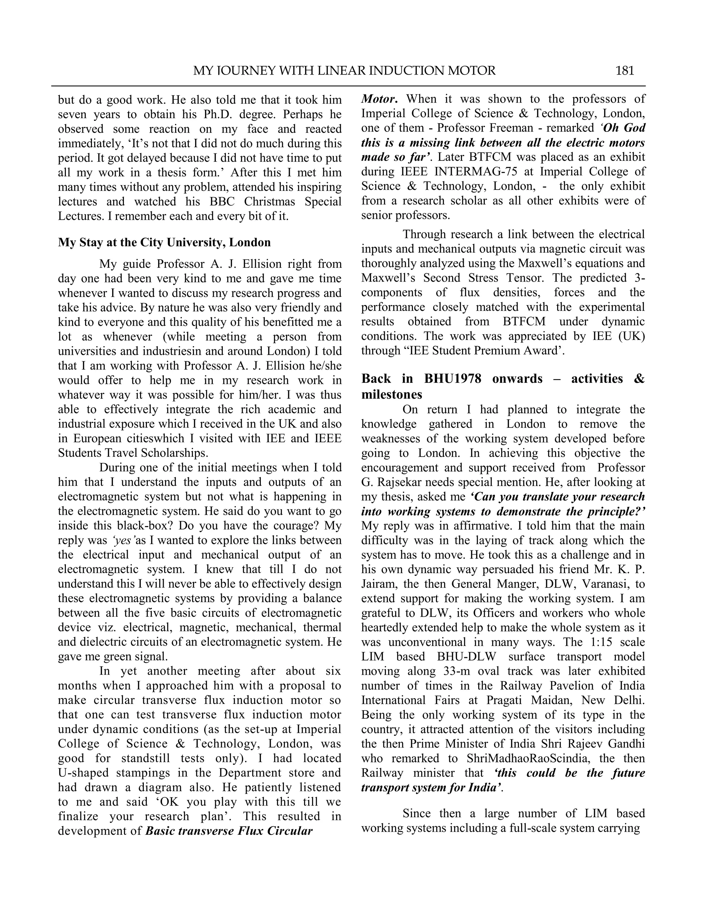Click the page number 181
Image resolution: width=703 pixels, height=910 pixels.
click(x=624, y=71)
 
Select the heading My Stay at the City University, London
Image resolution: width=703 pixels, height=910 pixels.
click(x=164, y=242)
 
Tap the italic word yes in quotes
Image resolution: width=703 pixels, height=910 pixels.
click(x=122, y=541)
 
